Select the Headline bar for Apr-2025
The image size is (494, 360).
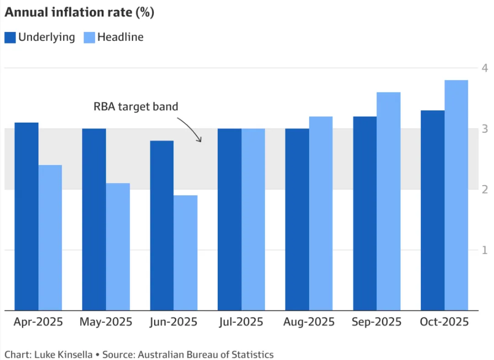50,237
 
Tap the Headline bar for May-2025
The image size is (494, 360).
118,247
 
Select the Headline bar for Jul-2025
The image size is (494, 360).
253,220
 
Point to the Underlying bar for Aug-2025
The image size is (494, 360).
297,220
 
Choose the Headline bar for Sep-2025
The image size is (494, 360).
389,201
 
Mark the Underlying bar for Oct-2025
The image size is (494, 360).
433,210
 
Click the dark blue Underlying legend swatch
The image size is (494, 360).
10,38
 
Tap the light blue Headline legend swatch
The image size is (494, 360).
89,38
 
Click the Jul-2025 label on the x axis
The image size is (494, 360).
242,322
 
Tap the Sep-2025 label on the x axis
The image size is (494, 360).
376,322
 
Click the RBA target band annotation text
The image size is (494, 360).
136,107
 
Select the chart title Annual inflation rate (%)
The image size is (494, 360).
79,12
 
